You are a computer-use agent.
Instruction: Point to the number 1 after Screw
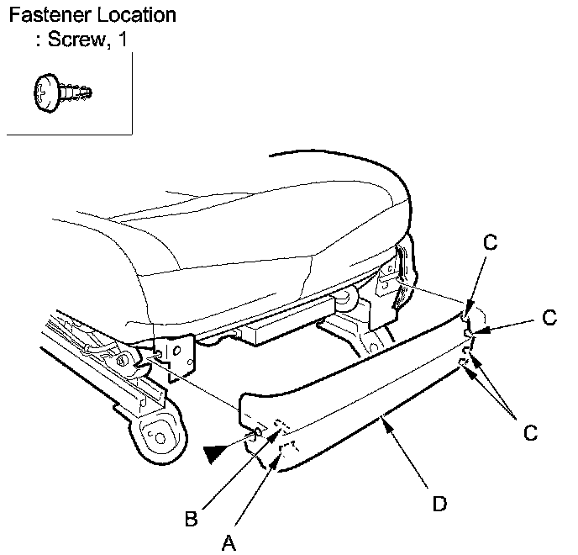point(123,40)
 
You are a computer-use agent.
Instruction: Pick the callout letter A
point(228,542)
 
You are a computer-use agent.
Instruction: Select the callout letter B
point(192,519)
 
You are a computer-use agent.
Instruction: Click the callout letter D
point(439,504)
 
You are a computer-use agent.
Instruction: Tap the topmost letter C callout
point(491,243)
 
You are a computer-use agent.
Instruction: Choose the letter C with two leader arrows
point(530,433)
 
